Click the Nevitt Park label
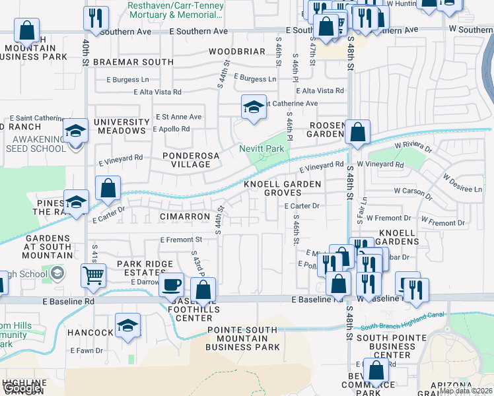click(x=262, y=149)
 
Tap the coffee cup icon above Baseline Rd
click(x=172, y=284)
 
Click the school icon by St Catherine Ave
click(x=253, y=107)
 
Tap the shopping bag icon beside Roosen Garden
click(x=357, y=132)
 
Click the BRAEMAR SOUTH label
click(x=133, y=62)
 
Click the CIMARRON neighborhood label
click(x=185, y=216)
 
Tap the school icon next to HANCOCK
click(x=127, y=325)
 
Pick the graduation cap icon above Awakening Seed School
click(x=76, y=131)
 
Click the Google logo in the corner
click(x=22, y=389)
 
